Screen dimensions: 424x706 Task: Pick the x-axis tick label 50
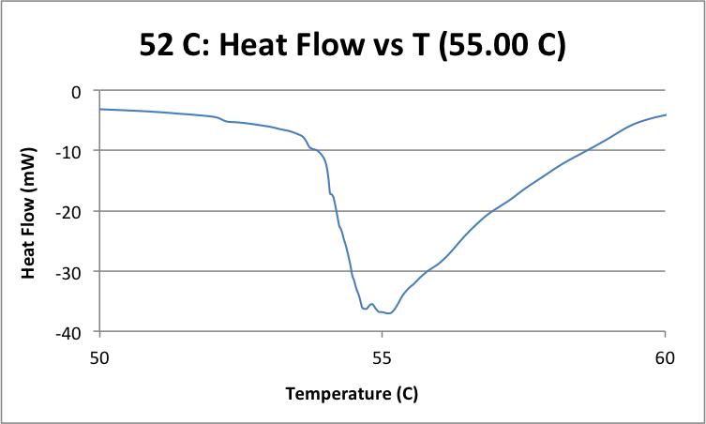[99, 357]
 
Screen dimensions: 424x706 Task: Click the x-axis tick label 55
[382, 357]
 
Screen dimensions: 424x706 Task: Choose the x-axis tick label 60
[665, 357]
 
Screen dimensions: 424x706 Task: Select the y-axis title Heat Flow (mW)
[29, 211]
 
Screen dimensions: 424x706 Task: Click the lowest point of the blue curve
[388, 313]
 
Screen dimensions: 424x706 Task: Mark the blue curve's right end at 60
[665, 115]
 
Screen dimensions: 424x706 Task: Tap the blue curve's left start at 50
[100, 109]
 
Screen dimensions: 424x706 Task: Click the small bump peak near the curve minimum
[371, 304]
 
